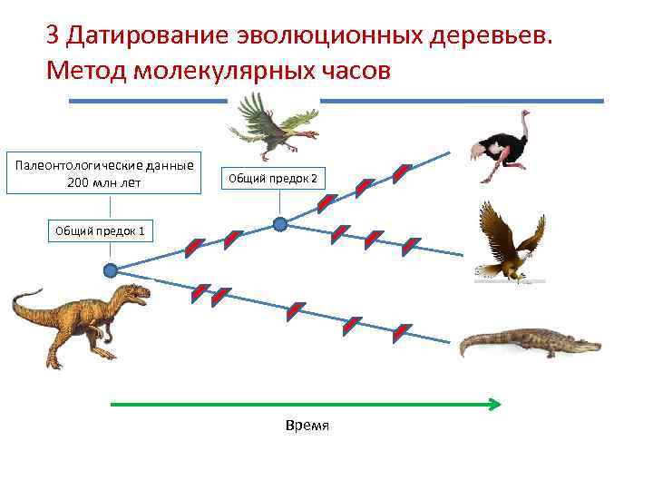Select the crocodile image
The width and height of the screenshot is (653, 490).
[x=527, y=343]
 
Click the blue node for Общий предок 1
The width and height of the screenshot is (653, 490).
[x=111, y=269]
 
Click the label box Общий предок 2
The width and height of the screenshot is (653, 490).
[x=272, y=178]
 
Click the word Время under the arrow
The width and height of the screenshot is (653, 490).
[x=307, y=426]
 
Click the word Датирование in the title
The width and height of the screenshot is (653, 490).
[x=149, y=36]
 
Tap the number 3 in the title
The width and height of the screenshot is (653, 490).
[x=53, y=36]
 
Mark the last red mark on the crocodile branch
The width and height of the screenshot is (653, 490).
[x=401, y=333]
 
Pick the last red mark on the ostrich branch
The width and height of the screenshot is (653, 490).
[x=402, y=173]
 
